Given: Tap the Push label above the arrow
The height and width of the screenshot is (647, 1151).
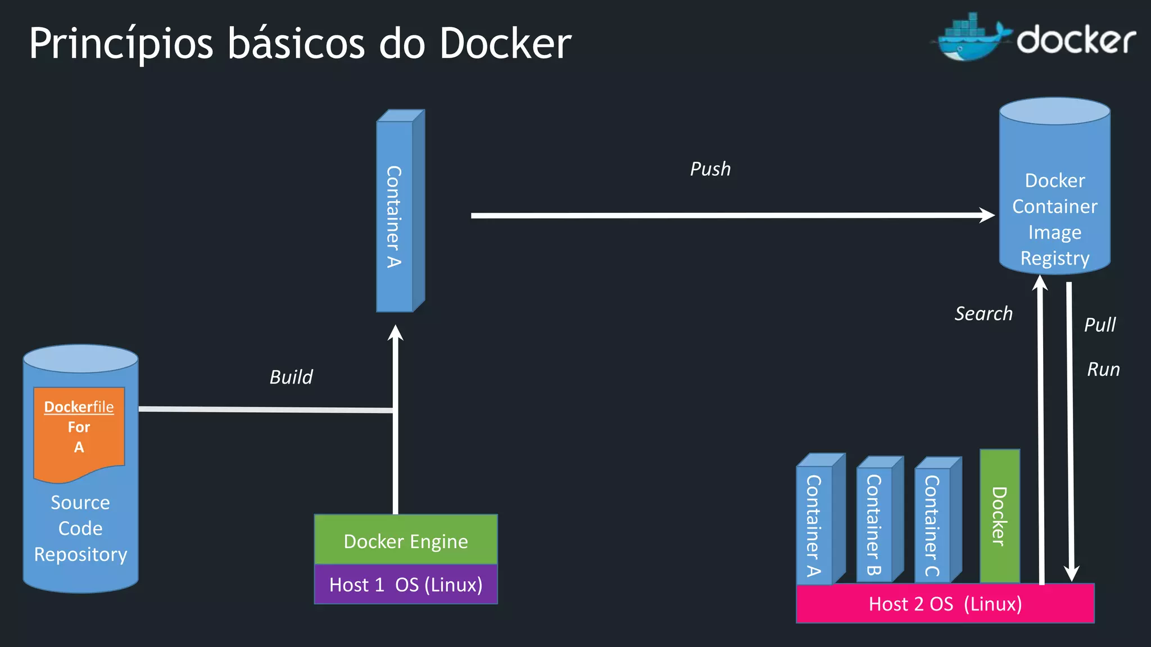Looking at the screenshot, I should tap(710, 169).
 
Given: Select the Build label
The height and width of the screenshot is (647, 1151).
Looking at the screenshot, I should tap(291, 377).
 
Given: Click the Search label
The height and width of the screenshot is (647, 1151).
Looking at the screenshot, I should tap(984, 313).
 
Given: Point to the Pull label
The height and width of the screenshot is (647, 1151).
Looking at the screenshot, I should tap(1100, 325).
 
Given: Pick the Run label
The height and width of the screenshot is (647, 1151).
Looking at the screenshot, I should tap(1103, 370).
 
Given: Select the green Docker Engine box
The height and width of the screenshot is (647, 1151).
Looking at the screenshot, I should tap(405, 540).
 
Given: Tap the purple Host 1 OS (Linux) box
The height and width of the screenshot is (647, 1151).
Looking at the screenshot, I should tap(405, 585).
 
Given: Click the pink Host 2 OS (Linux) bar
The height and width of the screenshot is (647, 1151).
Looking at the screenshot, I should tap(945, 604).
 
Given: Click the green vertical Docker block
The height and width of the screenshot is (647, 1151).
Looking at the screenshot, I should tap(999, 516).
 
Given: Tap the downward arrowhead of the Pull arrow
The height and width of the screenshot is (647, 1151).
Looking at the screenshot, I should tap(1071, 573).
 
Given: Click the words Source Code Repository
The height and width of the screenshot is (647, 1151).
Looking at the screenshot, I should tap(80, 528).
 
